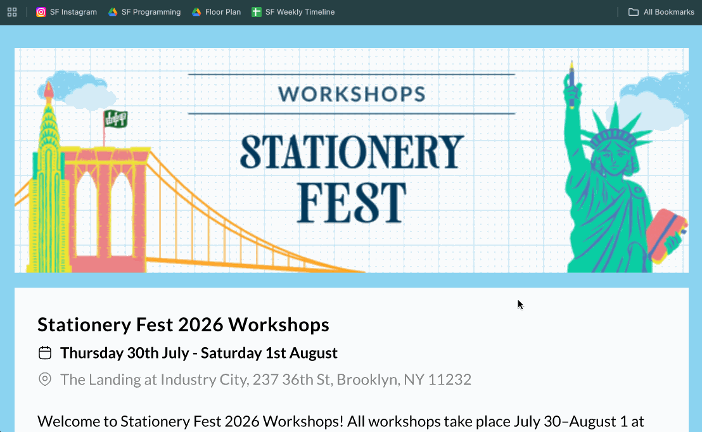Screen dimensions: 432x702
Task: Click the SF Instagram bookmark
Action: (x=67, y=12)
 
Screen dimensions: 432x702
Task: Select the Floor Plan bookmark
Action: (x=216, y=12)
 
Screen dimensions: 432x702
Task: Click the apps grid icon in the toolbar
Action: (x=12, y=12)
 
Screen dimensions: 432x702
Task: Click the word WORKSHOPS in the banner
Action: (x=352, y=94)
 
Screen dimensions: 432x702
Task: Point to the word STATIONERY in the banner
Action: (x=352, y=151)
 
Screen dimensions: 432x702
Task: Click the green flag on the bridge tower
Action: (x=115, y=118)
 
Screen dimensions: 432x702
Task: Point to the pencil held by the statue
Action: (x=572, y=82)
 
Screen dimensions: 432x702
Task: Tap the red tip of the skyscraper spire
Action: (x=49, y=89)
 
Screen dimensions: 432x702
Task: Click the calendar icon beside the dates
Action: (x=45, y=353)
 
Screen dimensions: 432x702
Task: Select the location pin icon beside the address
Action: (x=45, y=379)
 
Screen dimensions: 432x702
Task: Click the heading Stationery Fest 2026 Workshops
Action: (x=183, y=325)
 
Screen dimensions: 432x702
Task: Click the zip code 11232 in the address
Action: (x=450, y=379)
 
